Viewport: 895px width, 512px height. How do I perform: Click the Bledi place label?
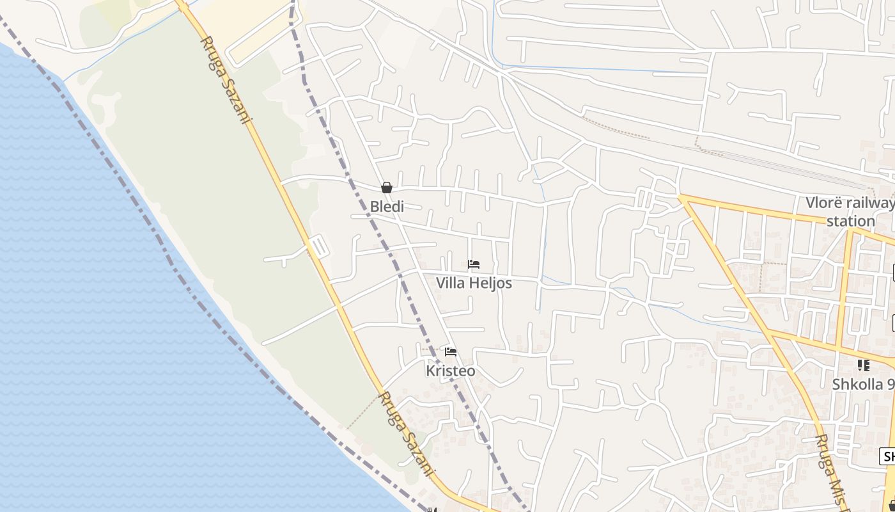(387, 207)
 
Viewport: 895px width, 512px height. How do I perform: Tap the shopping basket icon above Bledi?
(387, 188)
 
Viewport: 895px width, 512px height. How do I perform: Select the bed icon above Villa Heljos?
(474, 264)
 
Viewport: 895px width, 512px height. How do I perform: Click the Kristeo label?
(451, 371)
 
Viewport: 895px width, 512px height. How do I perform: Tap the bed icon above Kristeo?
(451, 352)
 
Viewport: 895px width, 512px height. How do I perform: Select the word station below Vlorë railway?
(851, 221)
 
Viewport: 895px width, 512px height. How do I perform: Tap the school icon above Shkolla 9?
(864, 365)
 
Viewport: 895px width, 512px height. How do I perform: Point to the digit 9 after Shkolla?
(891, 385)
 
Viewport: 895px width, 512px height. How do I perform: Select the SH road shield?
(888, 456)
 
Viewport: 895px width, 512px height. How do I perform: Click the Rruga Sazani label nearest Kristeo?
(405, 434)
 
